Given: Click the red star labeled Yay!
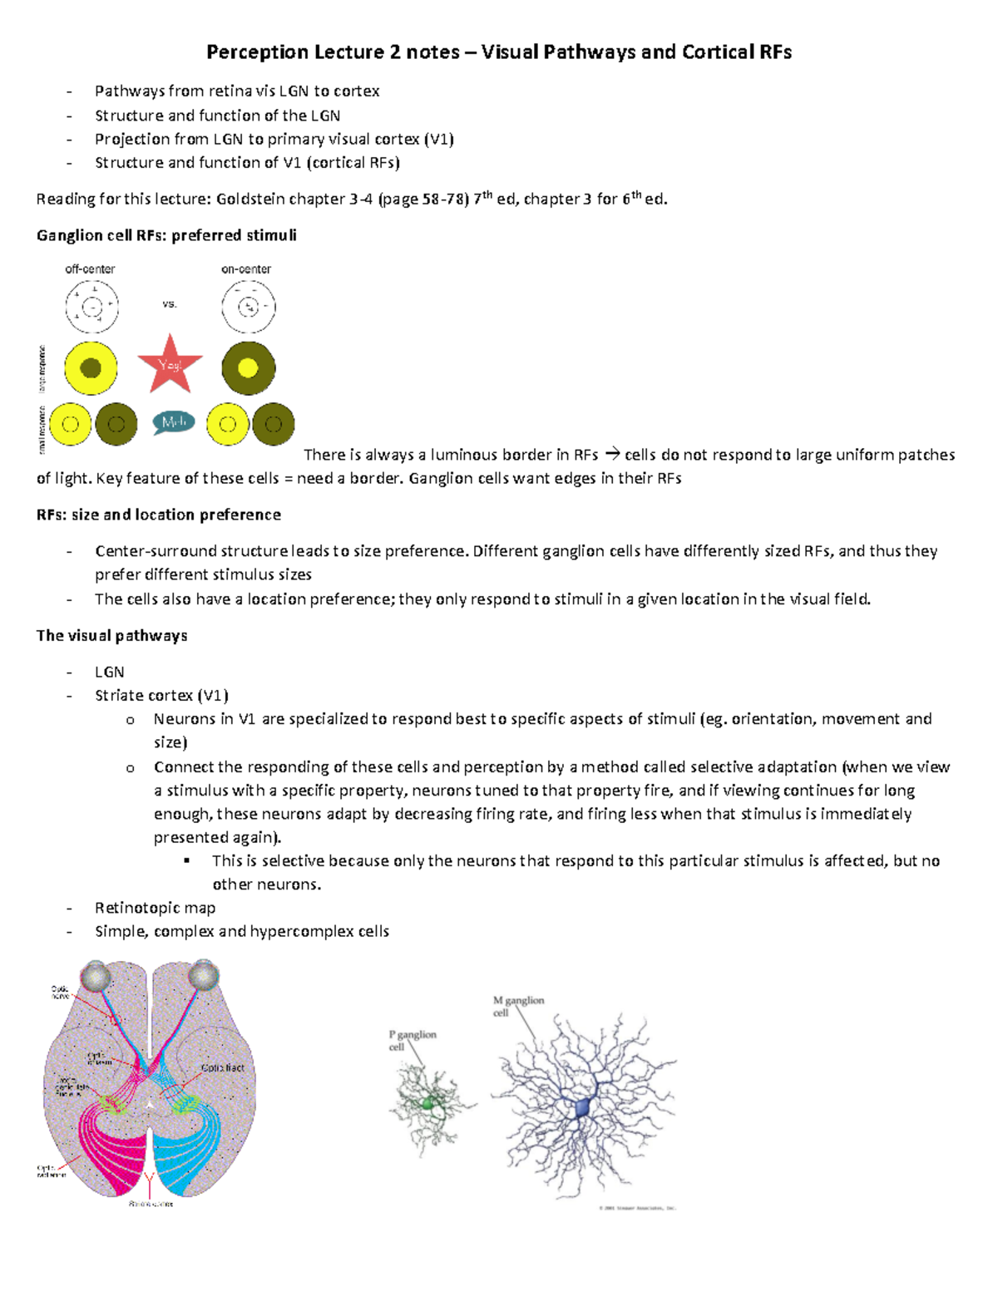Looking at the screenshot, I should coord(170,365).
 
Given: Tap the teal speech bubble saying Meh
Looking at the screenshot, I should coord(173,422).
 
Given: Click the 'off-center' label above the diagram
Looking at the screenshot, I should coord(90,269).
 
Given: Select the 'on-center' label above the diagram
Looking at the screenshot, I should coord(246,269).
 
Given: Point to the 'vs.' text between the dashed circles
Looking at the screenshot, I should coord(170,304).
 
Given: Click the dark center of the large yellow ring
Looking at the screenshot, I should coord(91,367).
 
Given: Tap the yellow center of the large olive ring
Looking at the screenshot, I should coord(248,367).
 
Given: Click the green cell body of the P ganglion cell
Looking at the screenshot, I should coord(428,1103).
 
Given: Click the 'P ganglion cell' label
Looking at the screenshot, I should coord(412,1040).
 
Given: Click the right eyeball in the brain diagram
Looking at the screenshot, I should coord(203,975).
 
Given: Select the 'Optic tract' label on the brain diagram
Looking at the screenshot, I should coord(223,1067).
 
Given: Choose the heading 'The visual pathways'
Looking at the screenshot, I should coord(111,635).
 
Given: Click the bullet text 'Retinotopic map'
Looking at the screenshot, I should coord(155,908).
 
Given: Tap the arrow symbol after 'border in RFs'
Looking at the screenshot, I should coord(612,454).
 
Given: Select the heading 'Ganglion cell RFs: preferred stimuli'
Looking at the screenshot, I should coord(166,235).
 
